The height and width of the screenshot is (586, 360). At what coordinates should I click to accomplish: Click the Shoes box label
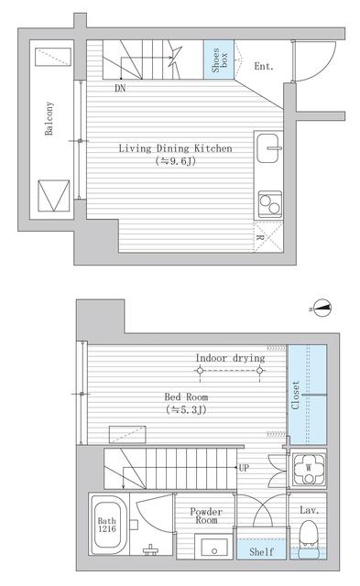pos(220,60)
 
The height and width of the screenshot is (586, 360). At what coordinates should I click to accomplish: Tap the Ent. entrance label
pos(264,67)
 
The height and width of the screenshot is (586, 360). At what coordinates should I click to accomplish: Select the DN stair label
pos(120,88)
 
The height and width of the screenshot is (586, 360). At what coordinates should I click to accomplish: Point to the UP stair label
pos(244,468)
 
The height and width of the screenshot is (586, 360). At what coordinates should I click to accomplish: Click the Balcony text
pos(49,118)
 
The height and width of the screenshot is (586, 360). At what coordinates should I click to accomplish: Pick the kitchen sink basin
pos(267,148)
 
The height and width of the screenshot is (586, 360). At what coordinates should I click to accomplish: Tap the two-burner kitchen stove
pos(270,204)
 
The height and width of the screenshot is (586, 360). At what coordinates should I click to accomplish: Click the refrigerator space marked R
pos(268,236)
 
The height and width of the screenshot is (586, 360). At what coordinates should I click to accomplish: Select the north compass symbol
pos(322,308)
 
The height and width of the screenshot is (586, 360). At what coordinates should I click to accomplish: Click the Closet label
pos(295,396)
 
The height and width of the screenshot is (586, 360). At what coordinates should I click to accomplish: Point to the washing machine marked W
pos(309,469)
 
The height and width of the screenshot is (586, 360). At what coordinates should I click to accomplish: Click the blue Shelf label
pos(261,551)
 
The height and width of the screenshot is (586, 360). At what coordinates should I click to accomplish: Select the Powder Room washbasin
pos(213,548)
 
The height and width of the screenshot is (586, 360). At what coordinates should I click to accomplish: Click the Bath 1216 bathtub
pos(108,525)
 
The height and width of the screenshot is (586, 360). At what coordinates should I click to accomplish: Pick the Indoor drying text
pos(230,358)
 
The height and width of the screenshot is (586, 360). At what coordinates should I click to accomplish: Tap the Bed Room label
pos(186,396)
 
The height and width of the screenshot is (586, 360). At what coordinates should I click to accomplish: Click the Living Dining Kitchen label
pos(175,148)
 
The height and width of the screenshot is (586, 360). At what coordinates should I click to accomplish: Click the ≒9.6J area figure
pos(175,161)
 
